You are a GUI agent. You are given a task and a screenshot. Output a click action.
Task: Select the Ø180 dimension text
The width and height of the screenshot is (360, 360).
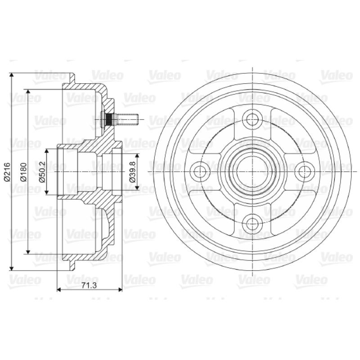point(23,172)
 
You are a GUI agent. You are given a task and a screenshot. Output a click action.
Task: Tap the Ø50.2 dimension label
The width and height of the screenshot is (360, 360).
point(42,172)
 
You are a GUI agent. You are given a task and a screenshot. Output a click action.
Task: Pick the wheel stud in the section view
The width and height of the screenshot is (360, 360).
point(119,119)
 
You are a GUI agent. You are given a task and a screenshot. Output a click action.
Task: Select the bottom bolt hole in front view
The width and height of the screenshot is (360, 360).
point(252,224)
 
